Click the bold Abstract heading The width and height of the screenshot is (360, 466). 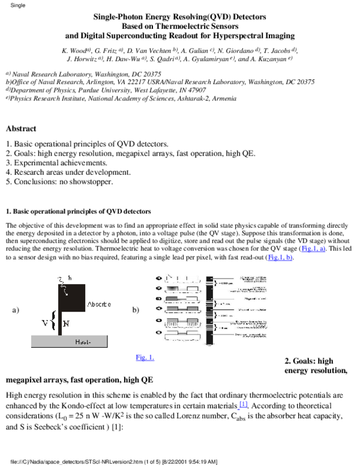21,129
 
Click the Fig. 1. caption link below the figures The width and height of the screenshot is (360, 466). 145,357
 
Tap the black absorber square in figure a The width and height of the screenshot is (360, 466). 71,297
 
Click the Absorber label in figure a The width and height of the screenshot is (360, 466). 99,304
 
